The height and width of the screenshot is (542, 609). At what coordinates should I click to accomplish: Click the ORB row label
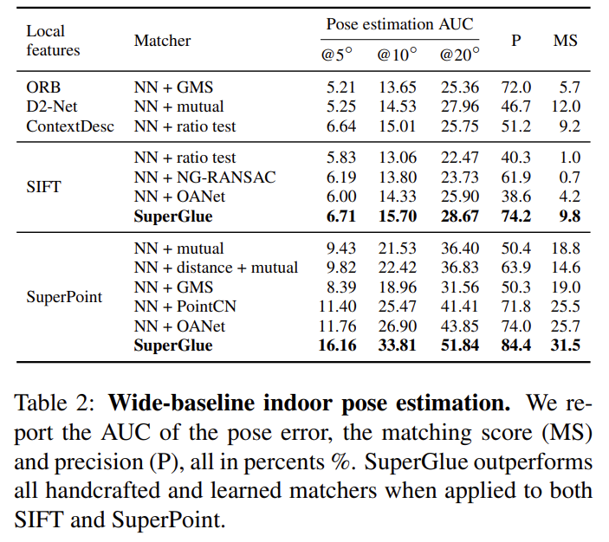[x=43, y=87]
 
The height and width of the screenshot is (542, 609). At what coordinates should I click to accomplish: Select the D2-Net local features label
[x=52, y=106]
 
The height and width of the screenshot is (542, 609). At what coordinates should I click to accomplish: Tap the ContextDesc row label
[x=68, y=126]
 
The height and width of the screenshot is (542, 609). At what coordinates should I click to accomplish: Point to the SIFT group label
[x=43, y=187]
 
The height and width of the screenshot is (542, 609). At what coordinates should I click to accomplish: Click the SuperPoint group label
[x=64, y=297]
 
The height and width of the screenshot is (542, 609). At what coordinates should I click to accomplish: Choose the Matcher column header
[x=162, y=41]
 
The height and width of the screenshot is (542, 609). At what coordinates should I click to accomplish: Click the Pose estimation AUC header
[x=399, y=23]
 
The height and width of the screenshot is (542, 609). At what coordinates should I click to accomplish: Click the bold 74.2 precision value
[x=516, y=216]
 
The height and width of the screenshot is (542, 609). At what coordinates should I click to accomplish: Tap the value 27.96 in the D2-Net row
[x=460, y=106]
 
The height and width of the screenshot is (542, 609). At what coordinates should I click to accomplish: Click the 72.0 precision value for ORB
[x=516, y=87]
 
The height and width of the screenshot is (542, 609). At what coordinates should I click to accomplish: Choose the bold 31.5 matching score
[x=567, y=346]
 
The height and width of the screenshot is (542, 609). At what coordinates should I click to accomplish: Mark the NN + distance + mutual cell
[x=216, y=268]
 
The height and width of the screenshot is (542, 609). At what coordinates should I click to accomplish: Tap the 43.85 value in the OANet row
[x=460, y=326]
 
